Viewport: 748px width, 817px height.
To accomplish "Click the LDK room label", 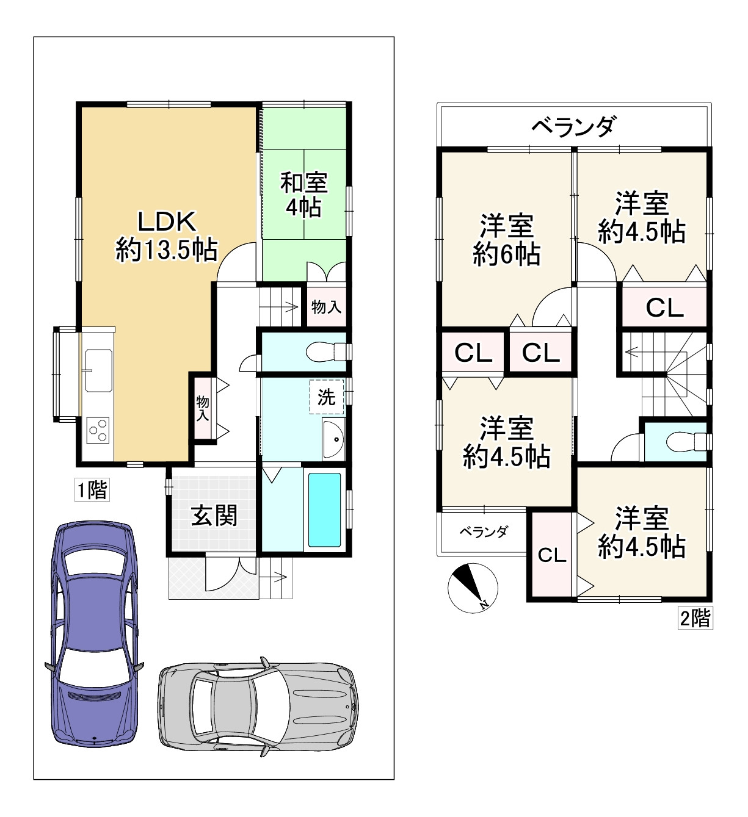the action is (167, 236).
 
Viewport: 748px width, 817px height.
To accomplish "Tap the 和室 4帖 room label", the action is (303, 195).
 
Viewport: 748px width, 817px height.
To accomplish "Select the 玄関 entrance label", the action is (214, 516).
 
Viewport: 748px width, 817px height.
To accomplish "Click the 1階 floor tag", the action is (92, 490).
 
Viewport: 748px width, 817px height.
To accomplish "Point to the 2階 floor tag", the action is (695, 618).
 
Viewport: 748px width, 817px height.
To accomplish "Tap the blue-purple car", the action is (94, 634).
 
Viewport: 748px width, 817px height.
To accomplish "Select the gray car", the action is (258, 713).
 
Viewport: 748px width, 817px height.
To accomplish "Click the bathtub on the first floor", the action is (324, 509).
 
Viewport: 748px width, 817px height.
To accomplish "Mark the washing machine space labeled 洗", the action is (327, 397).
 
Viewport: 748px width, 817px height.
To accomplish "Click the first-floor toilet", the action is (326, 352).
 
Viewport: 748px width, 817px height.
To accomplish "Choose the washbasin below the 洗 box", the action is (334, 439).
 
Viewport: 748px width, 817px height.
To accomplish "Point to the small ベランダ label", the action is (484, 531).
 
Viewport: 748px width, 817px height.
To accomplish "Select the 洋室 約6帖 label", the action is (507, 240).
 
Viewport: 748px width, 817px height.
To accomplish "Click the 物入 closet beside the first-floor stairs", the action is (326, 306).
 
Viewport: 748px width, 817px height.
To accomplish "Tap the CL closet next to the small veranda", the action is (552, 555).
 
